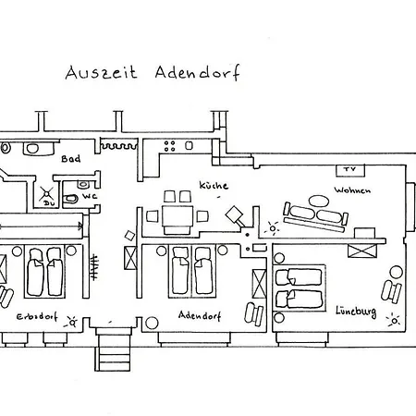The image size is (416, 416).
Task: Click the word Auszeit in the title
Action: click(101, 73)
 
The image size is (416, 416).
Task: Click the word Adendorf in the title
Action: click(197, 73)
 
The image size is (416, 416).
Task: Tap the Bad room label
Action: click(71, 159)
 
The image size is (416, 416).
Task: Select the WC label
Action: click(90, 196)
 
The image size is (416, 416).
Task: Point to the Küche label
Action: click(214, 185)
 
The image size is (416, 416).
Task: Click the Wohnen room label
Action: click(352, 190)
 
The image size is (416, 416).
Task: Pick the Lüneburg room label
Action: click(356, 311)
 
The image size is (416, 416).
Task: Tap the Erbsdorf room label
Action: click(37, 316)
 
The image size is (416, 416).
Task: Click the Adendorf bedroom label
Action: click(200, 315)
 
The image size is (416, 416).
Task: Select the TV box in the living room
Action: click(350, 170)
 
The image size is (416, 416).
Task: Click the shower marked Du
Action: click(46, 195)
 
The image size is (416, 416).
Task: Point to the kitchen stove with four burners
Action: click(169, 146)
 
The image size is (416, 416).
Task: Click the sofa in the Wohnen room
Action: click(315, 216)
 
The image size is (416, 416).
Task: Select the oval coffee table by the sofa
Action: click(319, 201)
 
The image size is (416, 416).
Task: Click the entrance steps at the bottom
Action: click(113, 349)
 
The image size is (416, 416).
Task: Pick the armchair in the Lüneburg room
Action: click(391, 291)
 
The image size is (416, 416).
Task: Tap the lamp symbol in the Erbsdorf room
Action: click(72, 323)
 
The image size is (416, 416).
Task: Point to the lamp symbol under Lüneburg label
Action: click(394, 321)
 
